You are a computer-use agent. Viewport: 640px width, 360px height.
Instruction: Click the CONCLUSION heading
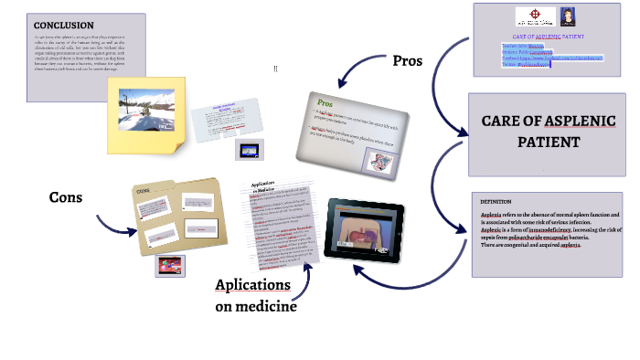click(63, 25)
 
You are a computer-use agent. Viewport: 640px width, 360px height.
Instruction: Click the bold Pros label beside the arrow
click(407, 61)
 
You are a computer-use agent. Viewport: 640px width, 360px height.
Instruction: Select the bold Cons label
click(67, 197)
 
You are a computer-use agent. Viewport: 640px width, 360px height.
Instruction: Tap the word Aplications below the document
click(252, 285)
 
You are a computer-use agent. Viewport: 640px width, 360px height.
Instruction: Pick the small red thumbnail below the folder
click(171, 266)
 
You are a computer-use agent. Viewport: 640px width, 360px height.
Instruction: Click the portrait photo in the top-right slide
click(567, 16)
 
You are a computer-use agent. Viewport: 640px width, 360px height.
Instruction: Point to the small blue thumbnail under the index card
click(250, 150)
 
